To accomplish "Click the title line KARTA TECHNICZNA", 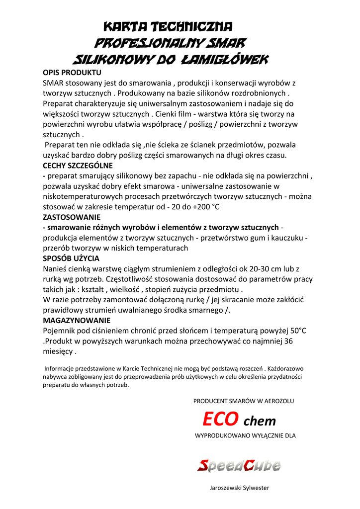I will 168,26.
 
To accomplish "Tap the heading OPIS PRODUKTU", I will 72,73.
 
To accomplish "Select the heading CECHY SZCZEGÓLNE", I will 78,166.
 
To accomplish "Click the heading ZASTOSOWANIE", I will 72,217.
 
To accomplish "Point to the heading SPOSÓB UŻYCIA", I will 71,258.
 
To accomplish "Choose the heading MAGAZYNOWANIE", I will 77,321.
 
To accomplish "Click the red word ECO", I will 220,420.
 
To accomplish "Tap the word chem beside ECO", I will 259,422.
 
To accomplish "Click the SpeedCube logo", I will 239,466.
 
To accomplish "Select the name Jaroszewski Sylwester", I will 239,488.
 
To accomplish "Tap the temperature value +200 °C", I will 202,207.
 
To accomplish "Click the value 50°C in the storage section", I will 297,331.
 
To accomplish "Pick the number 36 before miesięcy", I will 287,341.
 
